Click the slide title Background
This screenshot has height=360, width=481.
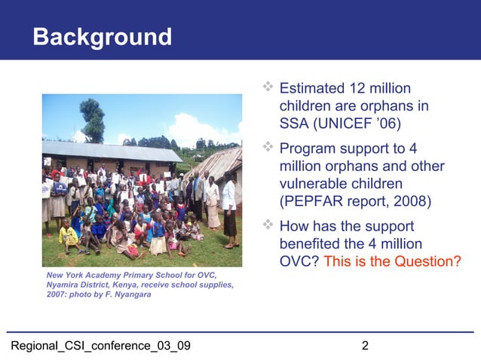102,36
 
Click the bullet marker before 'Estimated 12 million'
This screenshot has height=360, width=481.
268,90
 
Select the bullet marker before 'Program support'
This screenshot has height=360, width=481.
268,148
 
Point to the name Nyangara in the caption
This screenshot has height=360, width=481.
132,294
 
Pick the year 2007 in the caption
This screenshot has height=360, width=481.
58,294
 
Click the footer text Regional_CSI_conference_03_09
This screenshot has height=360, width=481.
99,346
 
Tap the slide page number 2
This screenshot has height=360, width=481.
365,346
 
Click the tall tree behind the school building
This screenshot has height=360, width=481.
93,121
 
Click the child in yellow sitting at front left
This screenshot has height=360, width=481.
69,236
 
